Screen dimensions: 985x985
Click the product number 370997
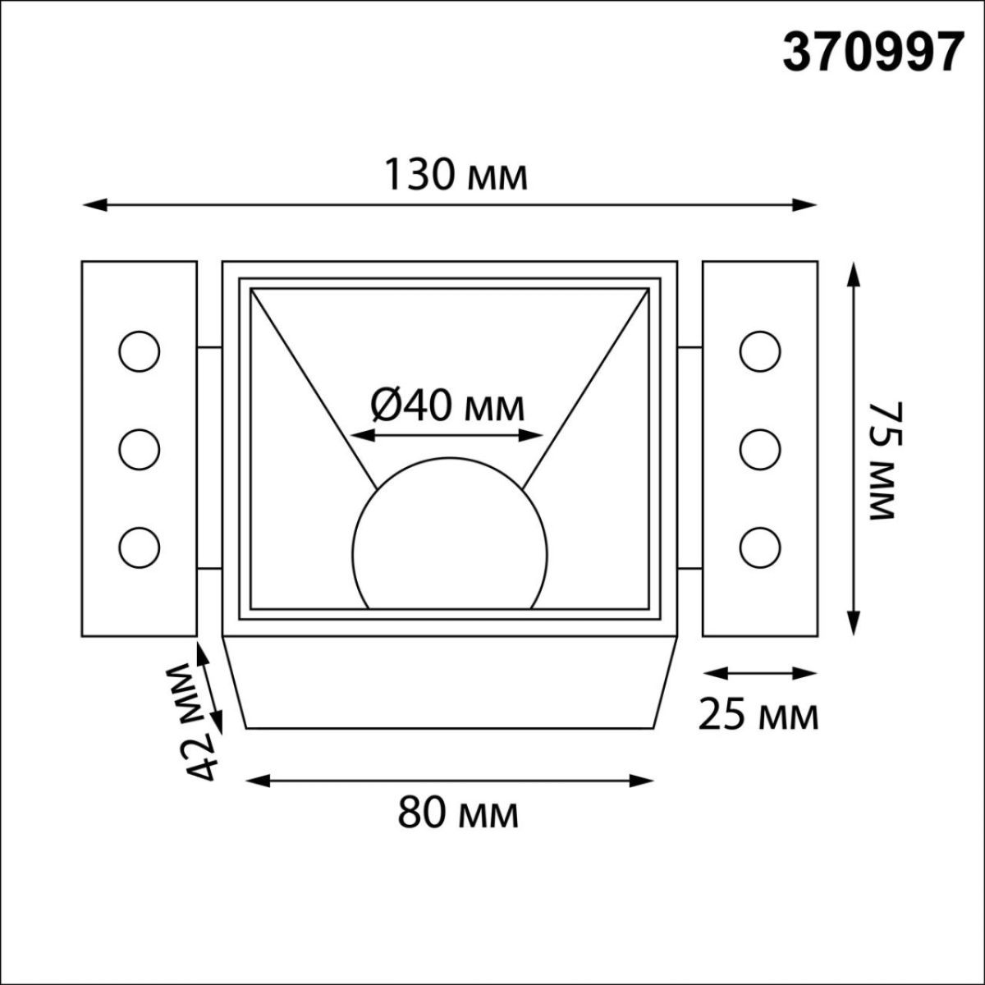click(872, 53)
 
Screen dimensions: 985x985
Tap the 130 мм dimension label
click(456, 176)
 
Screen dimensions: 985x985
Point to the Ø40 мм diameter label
click(447, 405)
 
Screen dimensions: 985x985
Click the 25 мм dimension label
click(758, 716)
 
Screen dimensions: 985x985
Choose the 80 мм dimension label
click(458, 814)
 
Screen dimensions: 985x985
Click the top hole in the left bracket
click(139, 351)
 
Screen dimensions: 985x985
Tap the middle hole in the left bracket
click(139, 449)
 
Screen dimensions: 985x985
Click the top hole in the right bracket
click(760, 351)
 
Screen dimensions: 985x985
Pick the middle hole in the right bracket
click(760, 449)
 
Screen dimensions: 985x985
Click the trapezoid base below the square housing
click(450, 681)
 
